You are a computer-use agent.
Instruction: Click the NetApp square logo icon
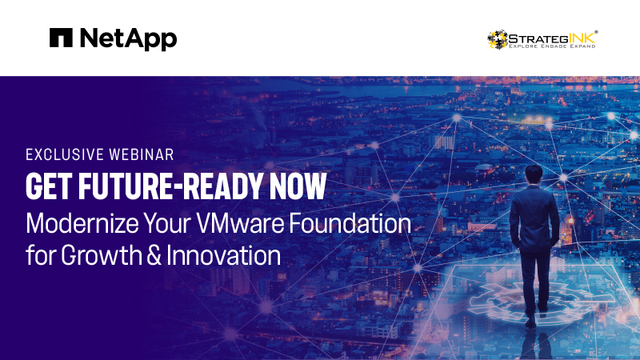point(61,38)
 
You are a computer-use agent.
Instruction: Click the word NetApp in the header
point(129,39)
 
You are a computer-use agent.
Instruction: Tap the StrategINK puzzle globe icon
point(498,39)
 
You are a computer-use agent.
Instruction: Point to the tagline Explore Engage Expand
point(552,46)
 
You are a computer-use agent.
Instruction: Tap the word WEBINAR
point(142,154)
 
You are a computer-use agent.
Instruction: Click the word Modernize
point(82,224)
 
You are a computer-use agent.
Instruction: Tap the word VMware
point(239,224)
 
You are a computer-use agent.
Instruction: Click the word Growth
point(102,255)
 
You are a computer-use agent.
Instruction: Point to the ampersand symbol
point(154,256)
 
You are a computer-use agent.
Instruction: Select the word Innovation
point(224,255)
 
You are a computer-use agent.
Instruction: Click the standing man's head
point(534,175)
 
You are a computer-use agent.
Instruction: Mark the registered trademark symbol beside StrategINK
point(596,31)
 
